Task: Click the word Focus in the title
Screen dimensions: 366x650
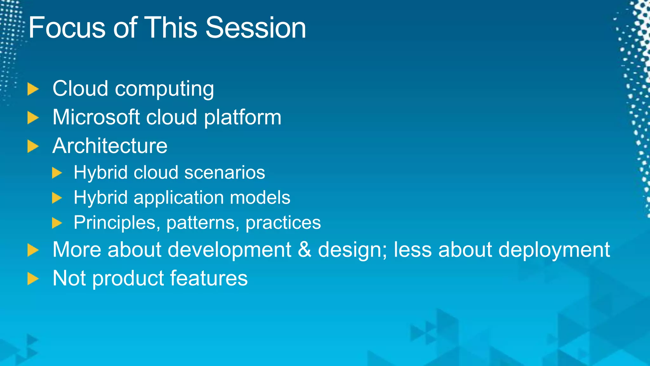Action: click(x=67, y=28)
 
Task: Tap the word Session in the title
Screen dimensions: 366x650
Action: click(x=255, y=28)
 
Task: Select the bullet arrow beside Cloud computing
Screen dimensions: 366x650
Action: click(x=33, y=89)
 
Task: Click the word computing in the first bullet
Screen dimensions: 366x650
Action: click(x=164, y=89)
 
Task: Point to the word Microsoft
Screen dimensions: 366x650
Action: click(x=96, y=117)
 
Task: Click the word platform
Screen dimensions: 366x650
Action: click(x=242, y=118)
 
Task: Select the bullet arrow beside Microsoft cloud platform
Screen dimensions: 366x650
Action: click(x=33, y=118)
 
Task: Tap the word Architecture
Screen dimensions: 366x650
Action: click(x=110, y=146)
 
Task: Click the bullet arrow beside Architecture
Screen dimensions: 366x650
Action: click(x=33, y=146)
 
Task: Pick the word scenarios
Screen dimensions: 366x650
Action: click(x=224, y=173)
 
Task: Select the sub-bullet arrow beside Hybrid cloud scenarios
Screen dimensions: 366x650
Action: click(x=57, y=173)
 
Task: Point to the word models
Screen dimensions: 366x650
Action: click(x=260, y=197)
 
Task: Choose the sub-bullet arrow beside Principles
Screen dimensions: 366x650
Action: click(x=57, y=223)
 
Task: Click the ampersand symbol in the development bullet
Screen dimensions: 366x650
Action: click(x=304, y=250)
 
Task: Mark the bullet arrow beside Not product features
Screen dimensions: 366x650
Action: click(x=33, y=279)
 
